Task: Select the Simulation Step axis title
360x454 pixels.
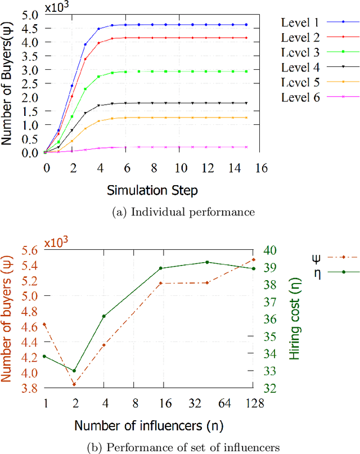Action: pos(152,191)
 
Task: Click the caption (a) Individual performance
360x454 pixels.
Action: pos(152,212)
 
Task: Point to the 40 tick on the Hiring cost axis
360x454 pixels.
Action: pos(271,250)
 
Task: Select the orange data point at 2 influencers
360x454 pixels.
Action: pos(74,384)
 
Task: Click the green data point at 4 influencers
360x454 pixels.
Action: pos(103,316)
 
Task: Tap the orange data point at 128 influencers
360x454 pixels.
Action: pos(253,259)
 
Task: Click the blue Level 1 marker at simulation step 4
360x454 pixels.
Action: pos(98,29)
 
